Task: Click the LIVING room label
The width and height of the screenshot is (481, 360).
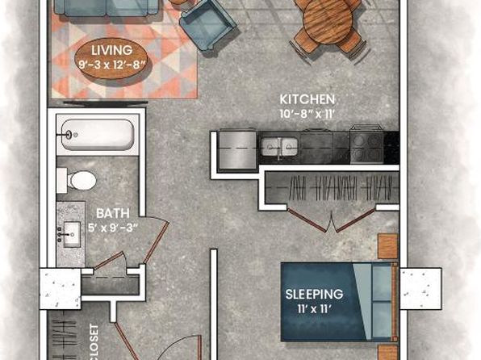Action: click(x=112, y=50)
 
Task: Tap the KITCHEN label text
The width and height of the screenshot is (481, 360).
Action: click(x=307, y=99)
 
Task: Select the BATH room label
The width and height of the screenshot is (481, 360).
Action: click(x=112, y=213)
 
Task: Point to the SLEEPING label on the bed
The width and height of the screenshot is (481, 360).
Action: click(x=314, y=294)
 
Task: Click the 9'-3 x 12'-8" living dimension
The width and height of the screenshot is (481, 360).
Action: click(x=111, y=65)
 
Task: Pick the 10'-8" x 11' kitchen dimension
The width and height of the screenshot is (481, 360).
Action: click(x=307, y=114)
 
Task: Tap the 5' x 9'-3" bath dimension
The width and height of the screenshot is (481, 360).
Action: click(x=113, y=228)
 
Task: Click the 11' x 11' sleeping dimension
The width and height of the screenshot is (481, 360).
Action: click(x=315, y=309)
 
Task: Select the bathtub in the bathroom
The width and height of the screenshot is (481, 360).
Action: click(x=98, y=135)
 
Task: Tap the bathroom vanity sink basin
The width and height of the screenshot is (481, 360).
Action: click(x=72, y=235)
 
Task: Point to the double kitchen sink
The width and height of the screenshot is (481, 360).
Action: click(x=279, y=146)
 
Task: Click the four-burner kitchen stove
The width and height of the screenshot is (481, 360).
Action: click(x=367, y=148)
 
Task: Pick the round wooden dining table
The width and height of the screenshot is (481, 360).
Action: click(x=328, y=21)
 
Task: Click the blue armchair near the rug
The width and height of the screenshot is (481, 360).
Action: click(x=208, y=25)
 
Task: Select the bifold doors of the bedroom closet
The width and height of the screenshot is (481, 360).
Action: click(x=332, y=220)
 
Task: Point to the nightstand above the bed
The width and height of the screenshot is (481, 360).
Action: click(x=387, y=246)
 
